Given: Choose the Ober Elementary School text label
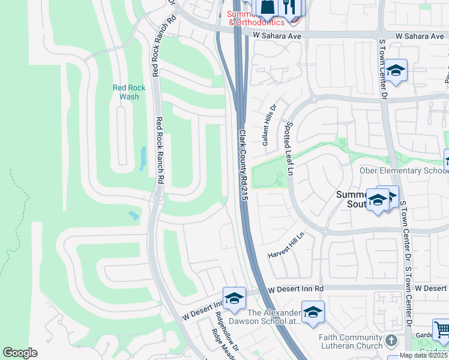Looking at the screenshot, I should point(402,170).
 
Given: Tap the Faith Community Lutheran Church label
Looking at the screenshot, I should point(351,341).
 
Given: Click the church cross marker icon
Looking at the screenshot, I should point(391,340).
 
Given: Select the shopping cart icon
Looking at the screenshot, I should point(441,329).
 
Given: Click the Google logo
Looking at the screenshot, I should point(20,353).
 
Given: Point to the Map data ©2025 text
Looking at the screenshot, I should point(424,356).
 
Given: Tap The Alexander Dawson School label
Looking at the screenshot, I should point(274,317).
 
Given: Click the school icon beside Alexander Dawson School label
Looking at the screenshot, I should point(313,313).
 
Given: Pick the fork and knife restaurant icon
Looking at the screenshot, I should point(291,8).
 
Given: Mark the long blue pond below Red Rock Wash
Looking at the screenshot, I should point(143,158).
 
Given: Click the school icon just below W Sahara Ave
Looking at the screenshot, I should point(396,71).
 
